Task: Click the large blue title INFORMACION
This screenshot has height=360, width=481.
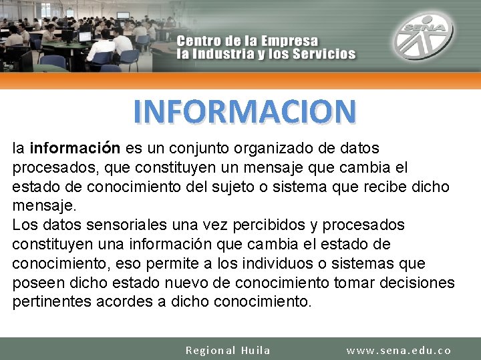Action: [245, 112]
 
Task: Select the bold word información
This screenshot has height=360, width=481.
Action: [75, 147]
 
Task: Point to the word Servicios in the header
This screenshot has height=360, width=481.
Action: [324, 54]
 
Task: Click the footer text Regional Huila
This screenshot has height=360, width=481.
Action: [228, 350]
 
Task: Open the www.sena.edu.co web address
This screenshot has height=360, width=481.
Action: [399, 350]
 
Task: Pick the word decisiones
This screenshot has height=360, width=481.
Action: [417, 283]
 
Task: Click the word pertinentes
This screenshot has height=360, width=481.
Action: [51, 302]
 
